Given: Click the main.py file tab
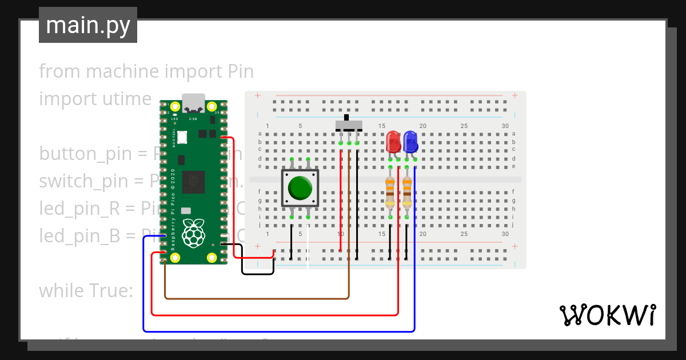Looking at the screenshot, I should click(x=87, y=25).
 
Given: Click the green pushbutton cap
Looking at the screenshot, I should click(x=300, y=187).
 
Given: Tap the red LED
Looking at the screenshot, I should click(x=393, y=141).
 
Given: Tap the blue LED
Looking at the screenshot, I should click(x=409, y=141).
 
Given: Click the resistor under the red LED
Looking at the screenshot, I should click(x=390, y=191).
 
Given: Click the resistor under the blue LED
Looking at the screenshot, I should click(x=406, y=191).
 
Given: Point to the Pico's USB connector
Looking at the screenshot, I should click(x=193, y=103).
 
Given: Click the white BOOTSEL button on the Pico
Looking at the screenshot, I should click(x=182, y=137).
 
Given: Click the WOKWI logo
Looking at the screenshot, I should click(x=607, y=315).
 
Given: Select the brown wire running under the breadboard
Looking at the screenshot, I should click(x=257, y=298).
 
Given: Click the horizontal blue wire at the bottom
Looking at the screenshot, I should click(x=274, y=331).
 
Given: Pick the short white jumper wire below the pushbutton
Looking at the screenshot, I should click(x=308, y=246).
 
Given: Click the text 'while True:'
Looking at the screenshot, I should click(x=86, y=290).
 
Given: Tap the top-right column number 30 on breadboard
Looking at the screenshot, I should click(x=504, y=126).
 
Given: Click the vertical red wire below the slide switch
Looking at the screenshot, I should click(x=341, y=200).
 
